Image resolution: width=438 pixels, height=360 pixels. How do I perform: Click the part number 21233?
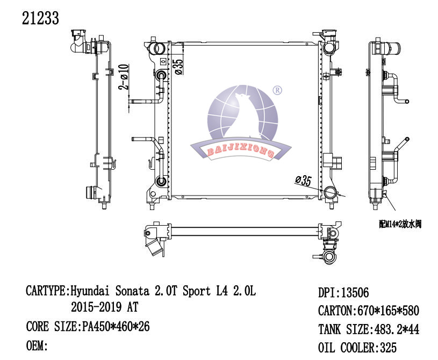coord(40,18)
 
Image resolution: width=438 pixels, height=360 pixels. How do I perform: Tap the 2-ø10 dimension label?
coord(124,77)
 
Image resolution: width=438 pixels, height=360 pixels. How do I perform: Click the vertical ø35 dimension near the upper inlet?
coord(179,67)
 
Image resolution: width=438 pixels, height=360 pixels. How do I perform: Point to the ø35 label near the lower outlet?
coord(303,181)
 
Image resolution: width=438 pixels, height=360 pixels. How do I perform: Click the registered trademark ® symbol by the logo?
coord(277,90)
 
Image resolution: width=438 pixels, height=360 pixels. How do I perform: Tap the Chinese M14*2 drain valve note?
coord(400,224)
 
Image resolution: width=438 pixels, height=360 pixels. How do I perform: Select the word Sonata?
coord(132,291)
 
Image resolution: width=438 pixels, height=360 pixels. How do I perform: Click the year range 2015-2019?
coord(96,307)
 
